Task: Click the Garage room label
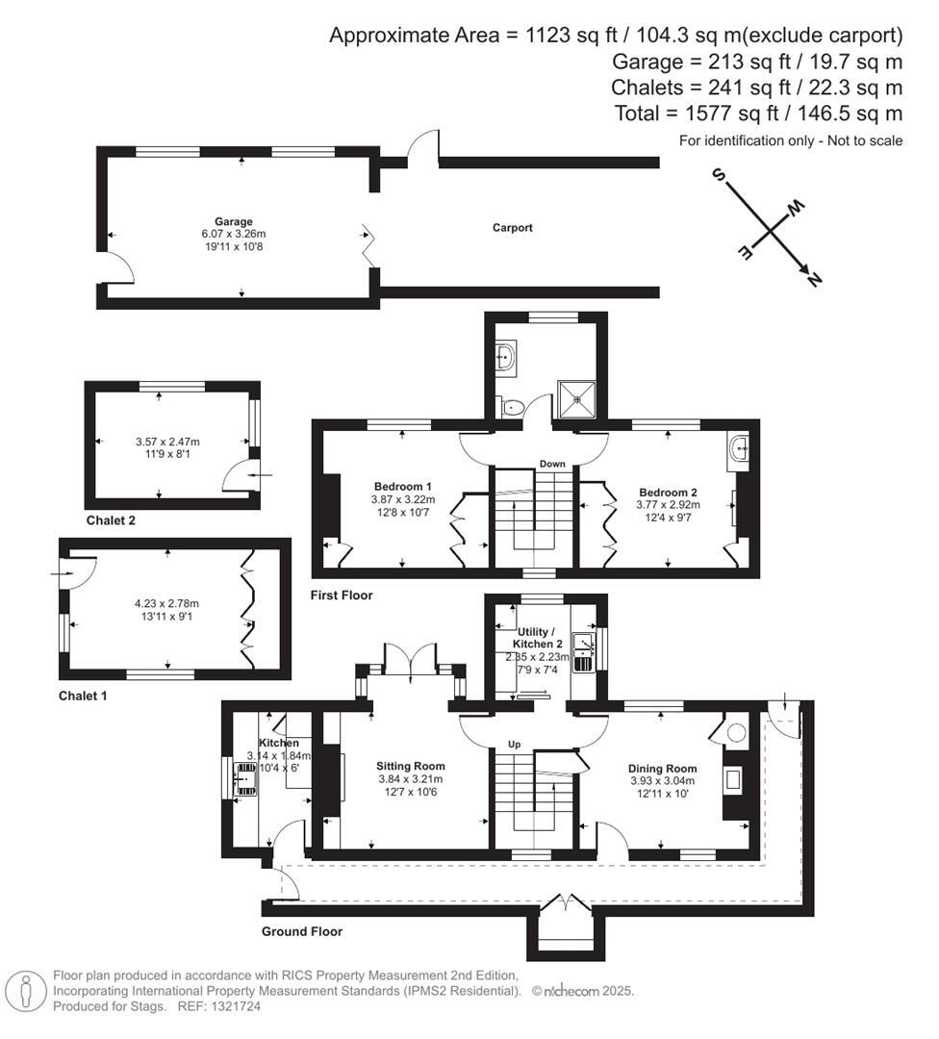point(234,221)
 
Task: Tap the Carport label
point(512,228)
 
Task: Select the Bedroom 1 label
point(401,486)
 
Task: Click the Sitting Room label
point(410,766)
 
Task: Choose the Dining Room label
point(662,769)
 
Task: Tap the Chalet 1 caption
point(83,696)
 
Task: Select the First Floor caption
point(342,596)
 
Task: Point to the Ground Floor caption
point(302,931)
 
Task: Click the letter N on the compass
point(814,280)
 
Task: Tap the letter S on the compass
point(718,175)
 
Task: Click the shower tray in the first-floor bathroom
point(577,394)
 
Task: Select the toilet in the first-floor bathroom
point(511,408)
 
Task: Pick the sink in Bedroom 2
point(740,447)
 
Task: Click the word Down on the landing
point(552,464)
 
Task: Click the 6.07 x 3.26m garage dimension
point(234,234)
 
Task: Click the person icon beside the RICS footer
point(25,990)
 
